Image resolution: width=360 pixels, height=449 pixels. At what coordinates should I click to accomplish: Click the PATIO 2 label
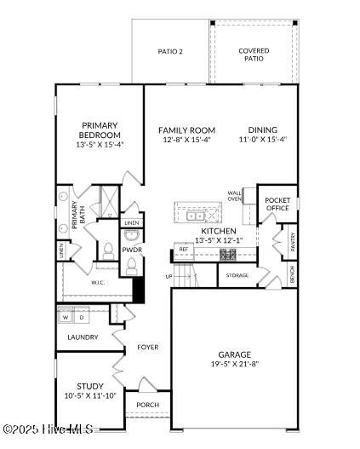click(x=170, y=51)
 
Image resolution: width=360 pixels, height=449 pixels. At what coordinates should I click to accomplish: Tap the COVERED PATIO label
click(x=254, y=55)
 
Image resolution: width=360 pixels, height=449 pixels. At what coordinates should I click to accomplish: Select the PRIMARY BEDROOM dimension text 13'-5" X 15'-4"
click(x=100, y=145)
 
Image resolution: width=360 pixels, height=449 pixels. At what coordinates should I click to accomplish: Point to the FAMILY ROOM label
click(x=186, y=130)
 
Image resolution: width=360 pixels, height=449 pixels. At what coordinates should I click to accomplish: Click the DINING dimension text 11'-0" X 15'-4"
click(x=263, y=140)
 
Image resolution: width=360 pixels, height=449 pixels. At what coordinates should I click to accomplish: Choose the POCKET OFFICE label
click(x=277, y=204)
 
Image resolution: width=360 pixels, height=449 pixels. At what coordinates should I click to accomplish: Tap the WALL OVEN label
click(x=235, y=196)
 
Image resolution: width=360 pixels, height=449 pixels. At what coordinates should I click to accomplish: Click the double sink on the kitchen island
click(x=195, y=216)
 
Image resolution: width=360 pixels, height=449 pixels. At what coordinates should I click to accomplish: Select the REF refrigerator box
click(x=184, y=251)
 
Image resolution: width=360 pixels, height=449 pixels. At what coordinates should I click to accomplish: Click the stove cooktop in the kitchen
click(x=228, y=255)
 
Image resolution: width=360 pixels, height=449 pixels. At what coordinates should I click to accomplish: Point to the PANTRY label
click(x=293, y=242)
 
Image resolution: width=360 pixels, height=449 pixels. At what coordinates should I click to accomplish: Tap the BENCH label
click(x=292, y=274)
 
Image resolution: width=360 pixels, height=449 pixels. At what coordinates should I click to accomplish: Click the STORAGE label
click(x=237, y=275)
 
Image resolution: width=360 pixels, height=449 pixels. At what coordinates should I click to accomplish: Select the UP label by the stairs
click(x=169, y=277)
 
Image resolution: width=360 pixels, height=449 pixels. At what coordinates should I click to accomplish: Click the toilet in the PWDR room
click(x=131, y=267)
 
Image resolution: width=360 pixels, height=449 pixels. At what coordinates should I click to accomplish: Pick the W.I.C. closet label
click(x=98, y=283)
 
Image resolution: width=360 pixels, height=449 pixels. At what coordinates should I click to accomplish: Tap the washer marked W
click(x=66, y=317)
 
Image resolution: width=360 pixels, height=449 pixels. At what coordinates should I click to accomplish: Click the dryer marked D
click(x=82, y=317)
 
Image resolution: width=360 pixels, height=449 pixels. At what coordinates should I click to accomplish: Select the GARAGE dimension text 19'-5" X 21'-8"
click(x=235, y=365)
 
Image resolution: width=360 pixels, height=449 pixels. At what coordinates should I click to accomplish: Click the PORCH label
click(x=148, y=405)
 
